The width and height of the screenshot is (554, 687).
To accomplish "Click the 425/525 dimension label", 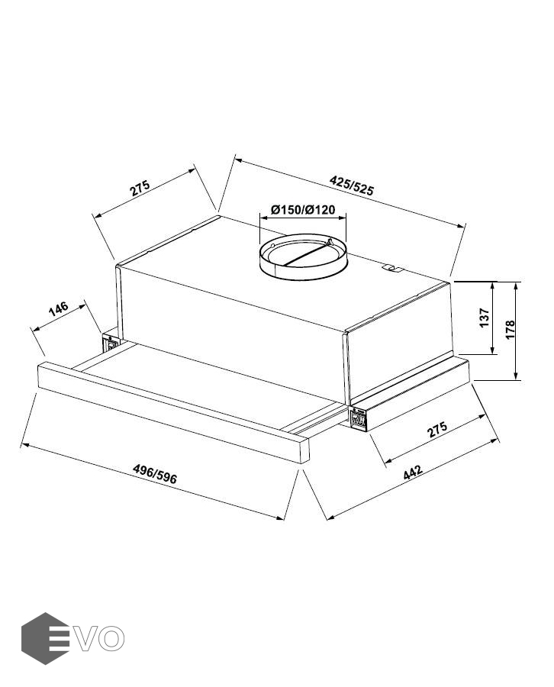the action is tap(352, 185).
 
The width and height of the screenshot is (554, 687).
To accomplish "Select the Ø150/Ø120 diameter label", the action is tap(303, 209).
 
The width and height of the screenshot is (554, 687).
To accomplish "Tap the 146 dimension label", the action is tap(59, 308).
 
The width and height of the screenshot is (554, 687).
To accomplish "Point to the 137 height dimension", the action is tap(484, 318).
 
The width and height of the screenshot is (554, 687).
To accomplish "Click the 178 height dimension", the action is tap(510, 330).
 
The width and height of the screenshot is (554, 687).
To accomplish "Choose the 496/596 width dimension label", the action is tap(155, 473).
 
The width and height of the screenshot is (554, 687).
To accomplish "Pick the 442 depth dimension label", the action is tap(413, 472).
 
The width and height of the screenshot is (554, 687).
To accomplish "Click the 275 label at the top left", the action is tap(140, 188).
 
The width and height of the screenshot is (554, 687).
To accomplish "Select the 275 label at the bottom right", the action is tap(437, 429).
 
